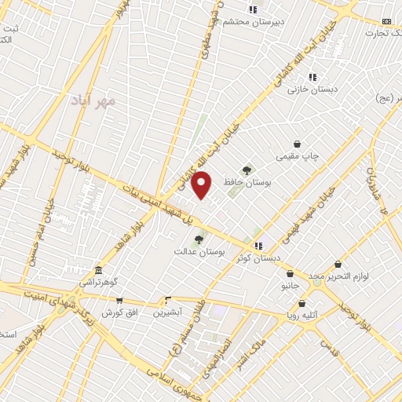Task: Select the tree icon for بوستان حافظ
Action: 247,170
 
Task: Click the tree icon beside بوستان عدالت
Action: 199,239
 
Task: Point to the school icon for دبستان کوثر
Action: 258,247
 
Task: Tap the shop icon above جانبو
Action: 291,274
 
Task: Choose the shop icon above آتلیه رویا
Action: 301,304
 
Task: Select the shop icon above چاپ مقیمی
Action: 298,144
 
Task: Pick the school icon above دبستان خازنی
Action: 312,78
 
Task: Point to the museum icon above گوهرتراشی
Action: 97,269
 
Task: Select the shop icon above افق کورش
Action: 119,301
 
